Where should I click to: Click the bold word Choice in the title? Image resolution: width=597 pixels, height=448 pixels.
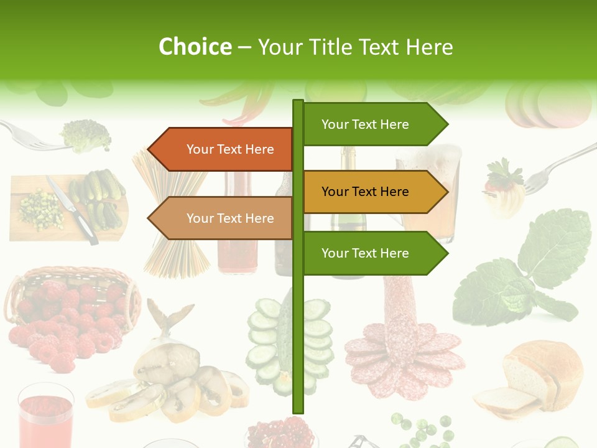[195, 47]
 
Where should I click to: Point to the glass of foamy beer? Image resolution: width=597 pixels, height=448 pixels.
[429, 193]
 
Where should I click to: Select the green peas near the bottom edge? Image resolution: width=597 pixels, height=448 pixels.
[423, 429]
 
